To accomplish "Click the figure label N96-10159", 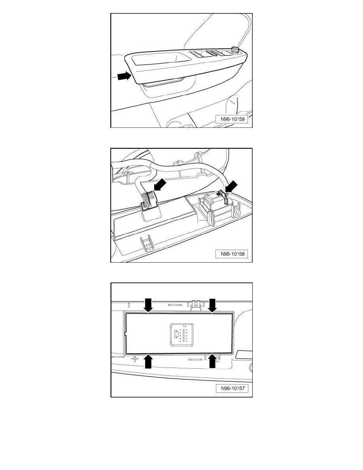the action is [x=233, y=119].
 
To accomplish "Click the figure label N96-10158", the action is [x=233, y=254].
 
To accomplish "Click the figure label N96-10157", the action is [x=233, y=389].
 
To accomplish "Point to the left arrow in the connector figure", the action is [x=160, y=184].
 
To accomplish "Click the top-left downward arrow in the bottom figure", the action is [x=148, y=305].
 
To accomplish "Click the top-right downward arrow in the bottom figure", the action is [x=212, y=305].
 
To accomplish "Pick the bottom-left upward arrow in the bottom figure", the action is [x=148, y=361].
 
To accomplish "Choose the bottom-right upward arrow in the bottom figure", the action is [x=212, y=361].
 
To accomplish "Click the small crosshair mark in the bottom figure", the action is [x=135, y=358].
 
